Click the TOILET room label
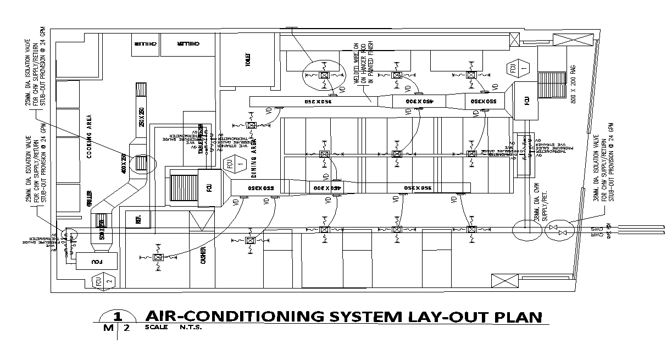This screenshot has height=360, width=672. click(248, 59)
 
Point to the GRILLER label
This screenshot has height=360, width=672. click(89, 199)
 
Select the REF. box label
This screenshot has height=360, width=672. click(132, 219)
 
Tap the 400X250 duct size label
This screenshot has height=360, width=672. click(124, 164)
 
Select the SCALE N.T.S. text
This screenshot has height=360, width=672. click(174, 328)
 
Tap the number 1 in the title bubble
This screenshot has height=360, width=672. click(116, 317)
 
